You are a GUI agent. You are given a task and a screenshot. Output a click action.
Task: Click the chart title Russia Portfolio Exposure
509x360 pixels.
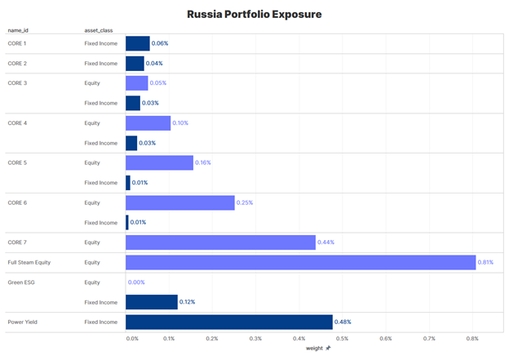pyautogui.click(x=254, y=14)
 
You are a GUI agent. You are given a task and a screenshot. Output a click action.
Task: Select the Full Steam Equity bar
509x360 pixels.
pyautogui.click(x=300, y=262)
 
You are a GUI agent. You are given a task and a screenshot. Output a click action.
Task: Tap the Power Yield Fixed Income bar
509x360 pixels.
pyautogui.click(x=229, y=322)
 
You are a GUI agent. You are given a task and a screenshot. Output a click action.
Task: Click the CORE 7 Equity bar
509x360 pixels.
pyautogui.click(x=220, y=242)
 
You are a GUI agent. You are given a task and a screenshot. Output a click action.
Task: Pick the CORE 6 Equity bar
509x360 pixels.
pyautogui.click(x=180, y=202)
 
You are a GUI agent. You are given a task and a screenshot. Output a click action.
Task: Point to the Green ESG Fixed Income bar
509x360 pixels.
pyautogui.click(x=152, y=302)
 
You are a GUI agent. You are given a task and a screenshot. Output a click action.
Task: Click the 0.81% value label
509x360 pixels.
pyautogui.click(x=486, y=262)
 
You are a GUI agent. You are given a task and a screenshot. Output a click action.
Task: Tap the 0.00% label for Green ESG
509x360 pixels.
pyautogui.click(x=136, y=282)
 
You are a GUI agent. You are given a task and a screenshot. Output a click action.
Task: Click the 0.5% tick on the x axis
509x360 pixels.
pyautogui.click(x=343, y=338)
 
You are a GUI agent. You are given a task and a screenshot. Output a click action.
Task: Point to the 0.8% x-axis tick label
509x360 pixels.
pyautogui.click(x=472, y=338)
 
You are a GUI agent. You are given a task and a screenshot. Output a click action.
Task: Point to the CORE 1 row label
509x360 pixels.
pyautogui.click(x=17, y=43)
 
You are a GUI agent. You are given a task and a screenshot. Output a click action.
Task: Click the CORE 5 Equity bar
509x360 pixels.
pyautogui.click(x=159, y=163)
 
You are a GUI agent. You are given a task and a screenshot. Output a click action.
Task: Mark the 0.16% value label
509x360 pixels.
pyautogui.click(x=203, y=163)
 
